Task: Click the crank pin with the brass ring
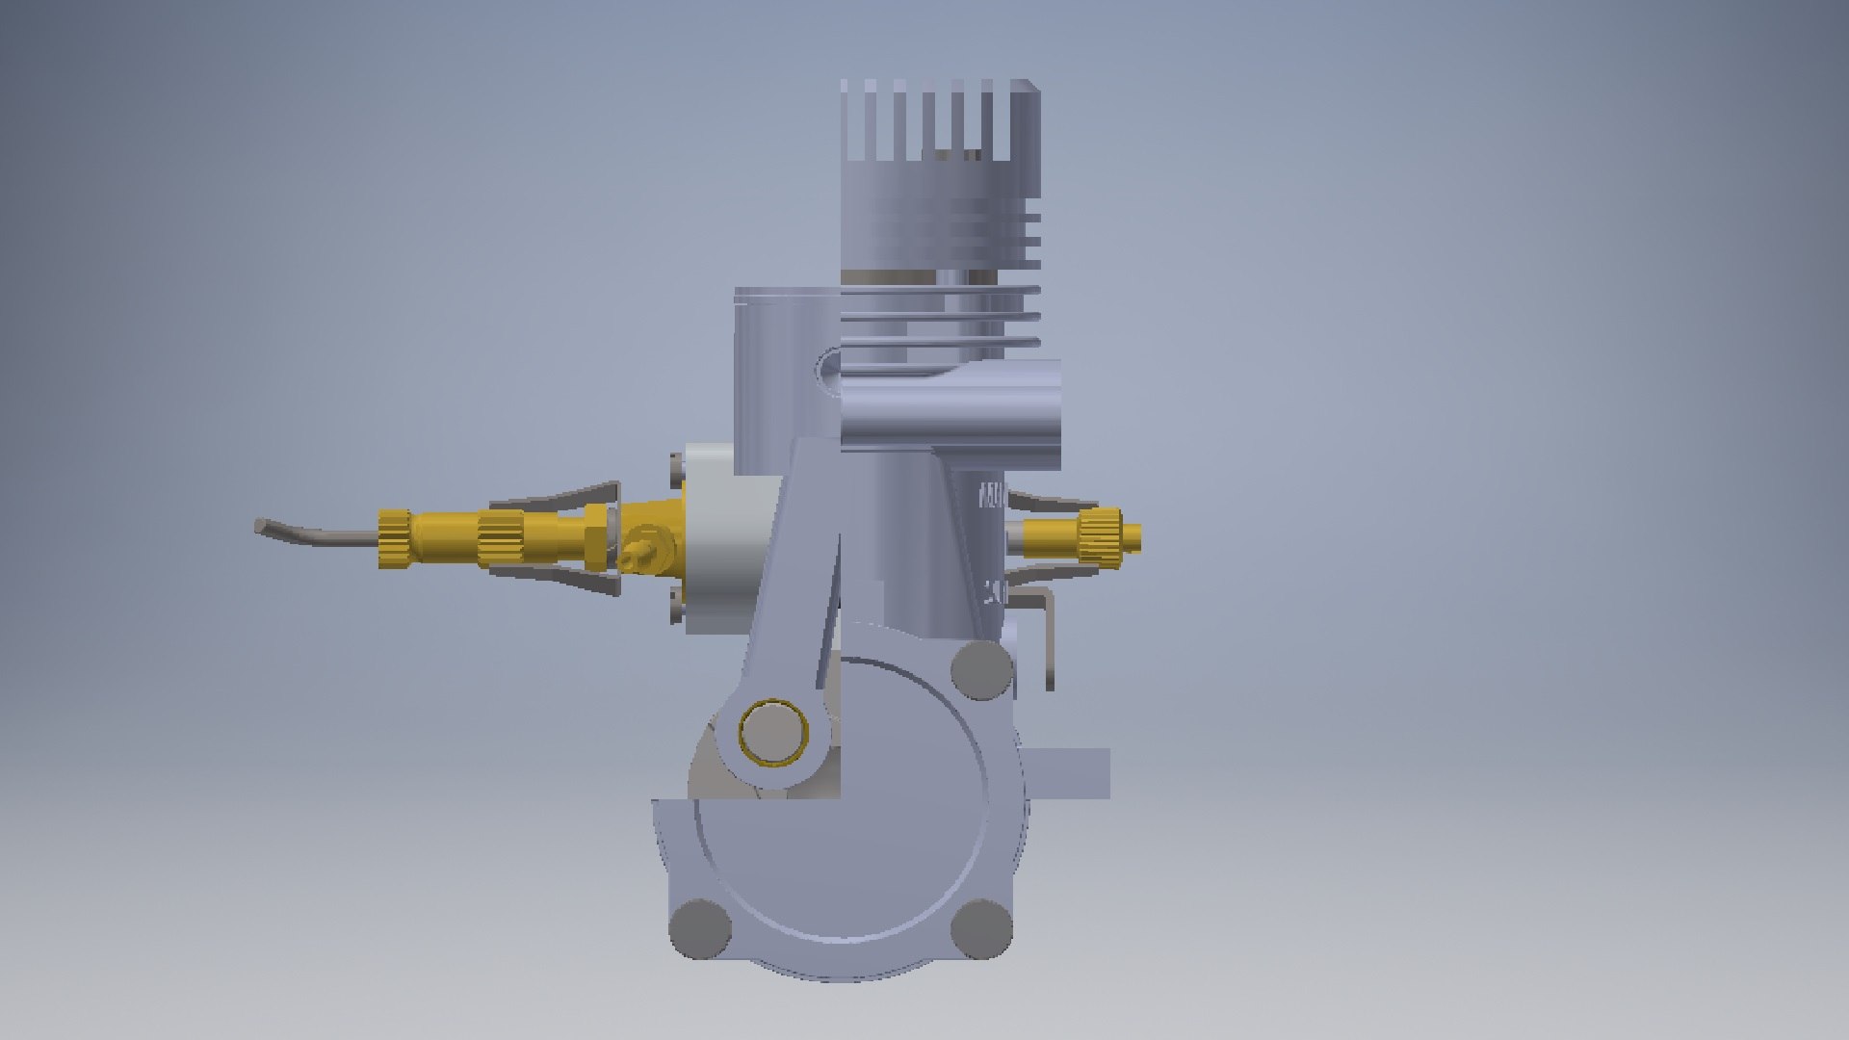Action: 772,732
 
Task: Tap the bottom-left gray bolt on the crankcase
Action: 700,928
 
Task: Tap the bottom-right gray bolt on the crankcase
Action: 981,928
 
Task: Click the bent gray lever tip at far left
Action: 262,527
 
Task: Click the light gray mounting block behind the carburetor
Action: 722,539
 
